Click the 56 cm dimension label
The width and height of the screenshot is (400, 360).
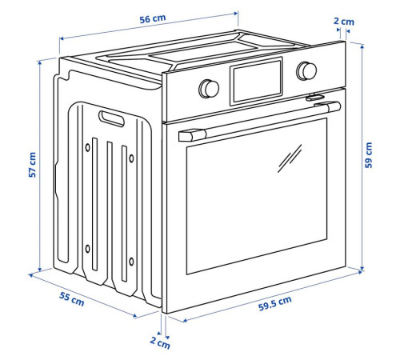(x=153, y=18)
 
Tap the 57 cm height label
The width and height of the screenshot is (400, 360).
(x=32, y=165)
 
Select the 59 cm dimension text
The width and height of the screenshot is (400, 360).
(x=368, y=155)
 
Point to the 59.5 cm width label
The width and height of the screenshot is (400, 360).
(x=275, y=304)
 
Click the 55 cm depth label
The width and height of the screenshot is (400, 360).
(x=71, y=299)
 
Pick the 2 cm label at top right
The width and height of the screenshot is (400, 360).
(x=344, y=22)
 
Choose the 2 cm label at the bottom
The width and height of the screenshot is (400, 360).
(x=160, y=342)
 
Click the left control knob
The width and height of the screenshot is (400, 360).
(x=209, y=89)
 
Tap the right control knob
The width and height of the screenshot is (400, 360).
(x=306, y=71)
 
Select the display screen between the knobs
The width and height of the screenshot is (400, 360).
(x=256, y=82)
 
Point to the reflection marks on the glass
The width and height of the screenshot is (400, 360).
(x=290, y=158)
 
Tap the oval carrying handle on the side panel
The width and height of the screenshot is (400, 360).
(x=111, y=118)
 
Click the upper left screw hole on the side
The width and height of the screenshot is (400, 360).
(x=87, y=147)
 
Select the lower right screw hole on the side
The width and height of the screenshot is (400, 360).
(x=131, y=262)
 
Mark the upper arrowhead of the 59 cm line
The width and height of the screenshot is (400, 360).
(x=362, y=46)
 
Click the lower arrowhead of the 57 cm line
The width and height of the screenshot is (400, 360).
(x=40, y=270)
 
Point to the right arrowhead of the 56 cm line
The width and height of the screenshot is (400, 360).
(x=235, y=13)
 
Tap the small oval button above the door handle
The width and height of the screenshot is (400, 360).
(x=315, y=98)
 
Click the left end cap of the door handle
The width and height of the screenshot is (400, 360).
(x=191, y=135)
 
